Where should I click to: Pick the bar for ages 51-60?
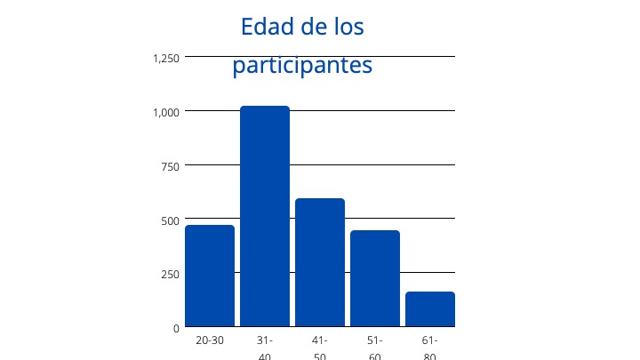click(375, 278)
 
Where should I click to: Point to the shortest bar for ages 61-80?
click(430, 308)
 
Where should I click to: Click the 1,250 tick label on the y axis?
click(166, 59)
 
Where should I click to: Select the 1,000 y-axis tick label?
click(166, 112)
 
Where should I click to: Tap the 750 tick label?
click(170, 166)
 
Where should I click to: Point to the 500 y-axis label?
click(170, 220)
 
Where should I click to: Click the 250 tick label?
click(170, 274)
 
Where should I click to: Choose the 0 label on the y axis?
click(176, 328)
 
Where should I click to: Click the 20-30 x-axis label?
click(210, 340)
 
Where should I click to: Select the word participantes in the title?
click(302, 66)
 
